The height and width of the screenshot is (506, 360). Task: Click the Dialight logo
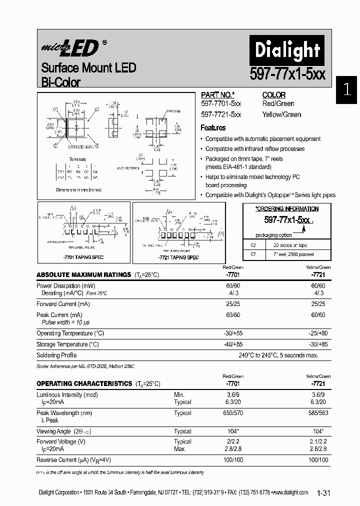(x=280, y=50)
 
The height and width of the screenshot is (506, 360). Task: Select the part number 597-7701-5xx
(x=220, y=103)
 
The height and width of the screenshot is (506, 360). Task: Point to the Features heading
(x=213, y=128)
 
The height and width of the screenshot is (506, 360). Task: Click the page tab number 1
(x=346, y=90)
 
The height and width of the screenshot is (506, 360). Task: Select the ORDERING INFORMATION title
(x=286, y=209)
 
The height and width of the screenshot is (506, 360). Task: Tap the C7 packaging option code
(x=253, y=254)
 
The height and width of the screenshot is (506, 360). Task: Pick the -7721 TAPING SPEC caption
(x=178, y=257)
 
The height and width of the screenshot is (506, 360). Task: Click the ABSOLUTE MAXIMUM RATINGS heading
(x=83, y=275)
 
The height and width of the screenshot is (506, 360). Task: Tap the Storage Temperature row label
(x=67, y=344)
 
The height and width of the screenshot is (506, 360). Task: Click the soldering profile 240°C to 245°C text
(x=278, y=355)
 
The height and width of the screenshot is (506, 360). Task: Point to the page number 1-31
(x=323, y=493)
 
